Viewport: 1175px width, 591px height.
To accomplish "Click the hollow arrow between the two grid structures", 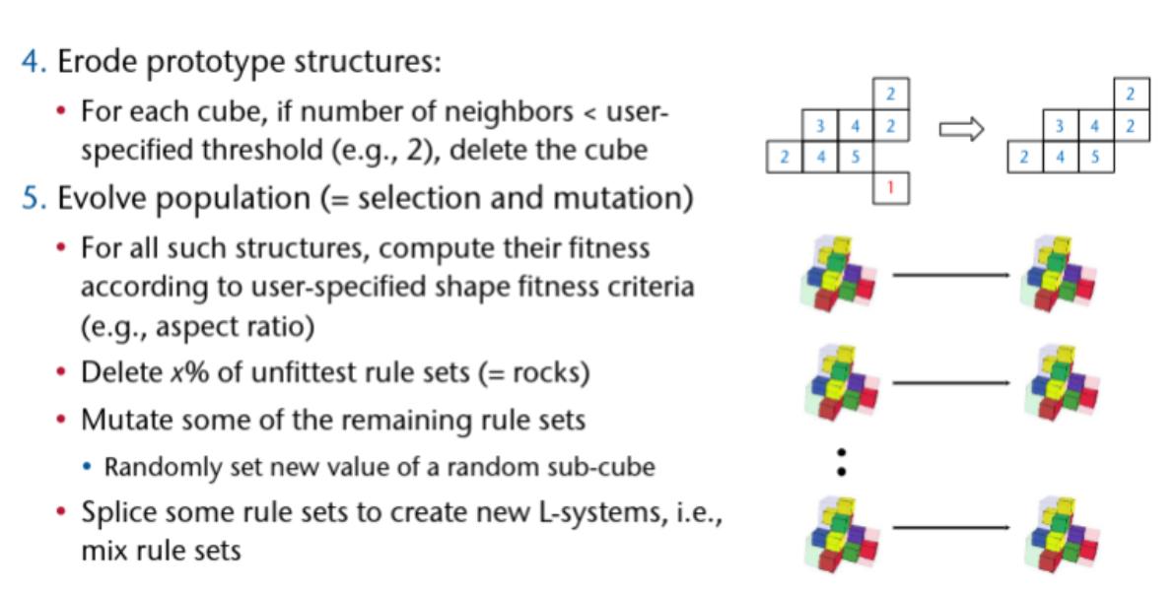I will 961,129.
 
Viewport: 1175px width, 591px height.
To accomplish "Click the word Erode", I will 91,63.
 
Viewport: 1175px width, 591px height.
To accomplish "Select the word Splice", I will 113,511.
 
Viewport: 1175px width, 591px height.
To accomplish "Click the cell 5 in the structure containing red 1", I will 855,157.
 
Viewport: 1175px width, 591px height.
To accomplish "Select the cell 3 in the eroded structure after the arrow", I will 1059,126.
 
